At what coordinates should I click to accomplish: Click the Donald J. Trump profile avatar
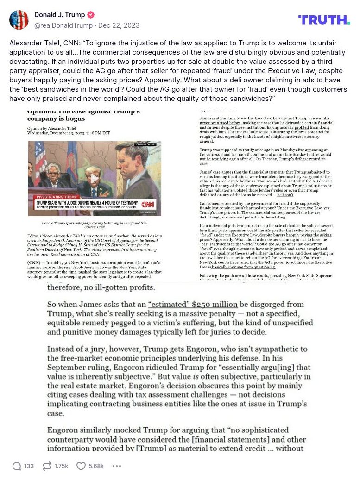coord(19,19)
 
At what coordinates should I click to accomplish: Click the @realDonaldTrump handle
coord(63,25)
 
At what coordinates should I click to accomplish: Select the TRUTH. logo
coord(324,19)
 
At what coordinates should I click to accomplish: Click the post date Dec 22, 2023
coord(119,25)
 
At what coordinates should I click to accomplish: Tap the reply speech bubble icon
coord(17,466)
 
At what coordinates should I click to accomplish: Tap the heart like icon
coord(81,466)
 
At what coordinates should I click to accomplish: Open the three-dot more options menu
coord(117,466)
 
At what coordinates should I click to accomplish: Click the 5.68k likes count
coord(96,466)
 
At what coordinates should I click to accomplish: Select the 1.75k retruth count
coord(61,466)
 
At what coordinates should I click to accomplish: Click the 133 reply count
coord(29,466)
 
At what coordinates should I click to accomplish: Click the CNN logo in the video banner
coord(148,204)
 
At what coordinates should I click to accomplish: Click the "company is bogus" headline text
coord(54,119)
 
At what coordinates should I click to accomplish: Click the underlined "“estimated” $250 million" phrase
coord(193,305)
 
